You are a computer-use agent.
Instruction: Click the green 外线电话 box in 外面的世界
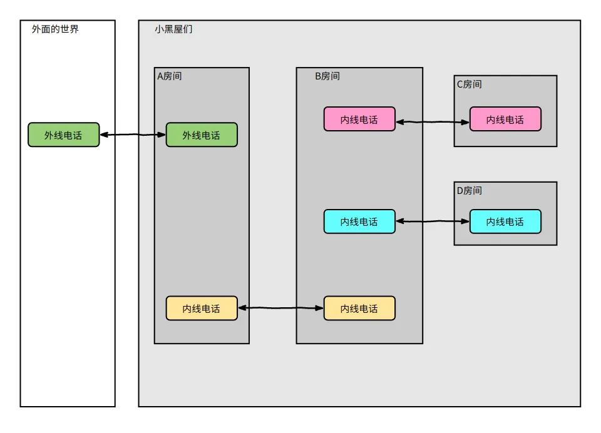pyautogui.click(x=63, y=135)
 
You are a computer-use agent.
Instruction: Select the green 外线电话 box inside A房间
pyautogui.click(x=202, y=135)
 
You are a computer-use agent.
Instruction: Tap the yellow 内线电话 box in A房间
pyautogui.click(x=202, y=308)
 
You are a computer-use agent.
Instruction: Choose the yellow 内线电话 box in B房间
pyautogui.click(x=359, y=308)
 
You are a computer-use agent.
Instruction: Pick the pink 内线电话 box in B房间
pyautogui.click(x=359, y=119)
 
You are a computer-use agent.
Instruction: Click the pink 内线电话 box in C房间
pyautogui.click(x=505, y=119)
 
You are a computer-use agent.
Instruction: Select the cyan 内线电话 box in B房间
pyautogui.click(x=359, y=222)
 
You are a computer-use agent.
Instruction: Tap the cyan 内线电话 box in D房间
pyautogui.click(x=505, y=222)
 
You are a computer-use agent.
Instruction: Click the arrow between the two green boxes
pyautogui.click(x=133, y=135)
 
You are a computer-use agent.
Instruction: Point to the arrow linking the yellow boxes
pyautogui.click(x=280, y=308)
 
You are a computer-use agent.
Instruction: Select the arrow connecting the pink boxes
pyautogui.click(x=433, y=121)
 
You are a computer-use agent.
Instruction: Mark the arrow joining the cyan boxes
pyautogui.click(x=433, y=221)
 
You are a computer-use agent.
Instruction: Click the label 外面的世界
pyautogui.click(x=55, y=29)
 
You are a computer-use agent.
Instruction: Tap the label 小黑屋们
pyautogui.click(x=173, y=29)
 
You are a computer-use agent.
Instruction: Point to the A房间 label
pyautogui.click(x=169, y=76)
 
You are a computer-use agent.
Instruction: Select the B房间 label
pyautogui.click(x=327, y=76)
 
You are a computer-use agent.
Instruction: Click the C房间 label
pyautogui.click(x=469, y=84)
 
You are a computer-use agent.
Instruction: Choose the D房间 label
pyautogui.click(x=470, y=190)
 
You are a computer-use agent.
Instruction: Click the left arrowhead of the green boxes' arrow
pyautogui.click(x=103, y=135)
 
